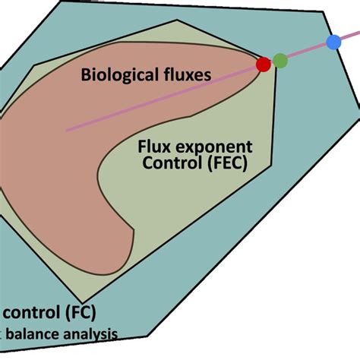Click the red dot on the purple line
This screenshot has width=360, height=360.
pyautogui.click(x=264, y=65)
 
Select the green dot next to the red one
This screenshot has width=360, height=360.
pyautogui.click(x=280, y=60)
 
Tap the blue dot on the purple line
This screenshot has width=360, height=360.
pyautogui.click(x=333, y=42)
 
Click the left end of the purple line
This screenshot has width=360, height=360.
pyautogui.click(x=68, y=130)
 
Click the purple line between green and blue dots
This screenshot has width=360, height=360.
pyautogui.click(x=307, y=51)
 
